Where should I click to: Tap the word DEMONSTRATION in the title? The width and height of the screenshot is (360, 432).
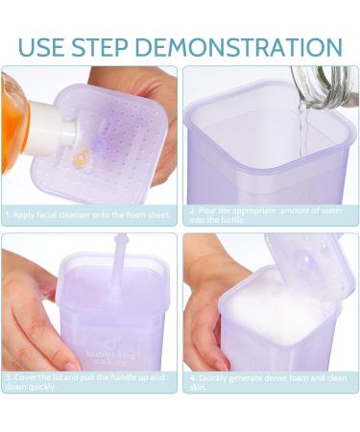click(251, 46)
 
